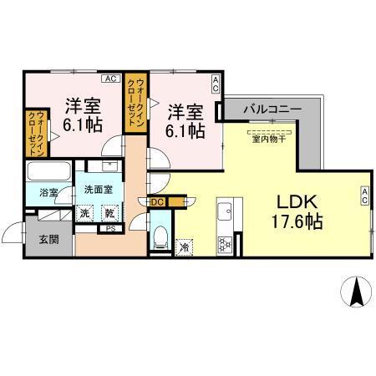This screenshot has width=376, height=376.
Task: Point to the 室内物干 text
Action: point(269,139)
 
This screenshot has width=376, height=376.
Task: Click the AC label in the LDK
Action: point(365,195)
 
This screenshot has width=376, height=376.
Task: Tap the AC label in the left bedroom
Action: point(109,79)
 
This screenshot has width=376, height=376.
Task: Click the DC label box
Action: point(158,201)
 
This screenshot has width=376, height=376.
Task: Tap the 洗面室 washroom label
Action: point(98,190)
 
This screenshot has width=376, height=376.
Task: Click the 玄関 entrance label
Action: point(48,241)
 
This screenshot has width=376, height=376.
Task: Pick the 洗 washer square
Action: point(85,212)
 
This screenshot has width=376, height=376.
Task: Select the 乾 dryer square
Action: point(109,212)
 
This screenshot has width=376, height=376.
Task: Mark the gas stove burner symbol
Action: point(225,244)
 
